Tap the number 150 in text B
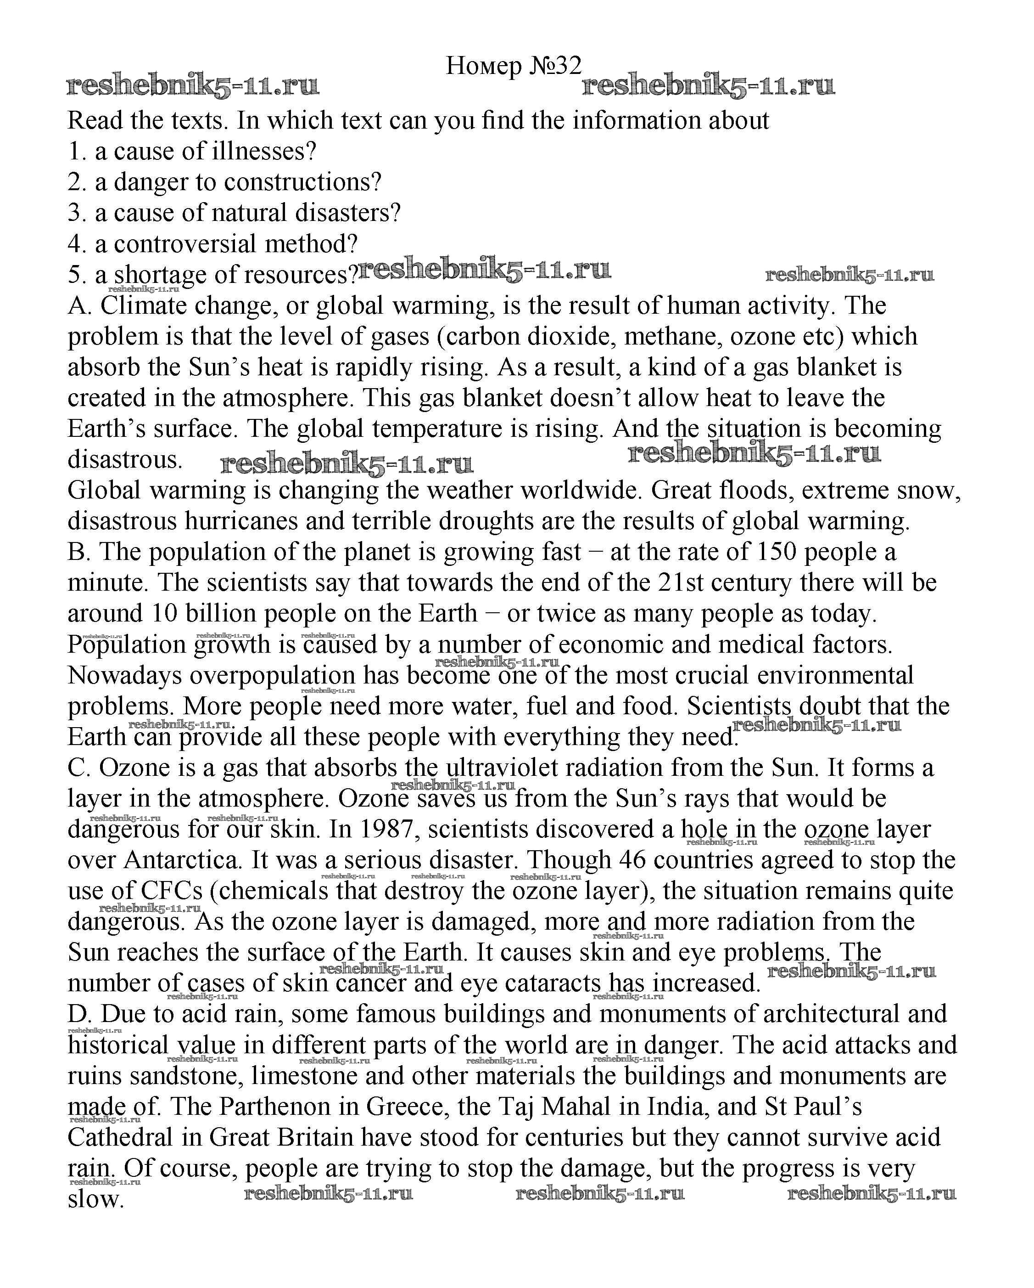777,552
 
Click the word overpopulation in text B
272,676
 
